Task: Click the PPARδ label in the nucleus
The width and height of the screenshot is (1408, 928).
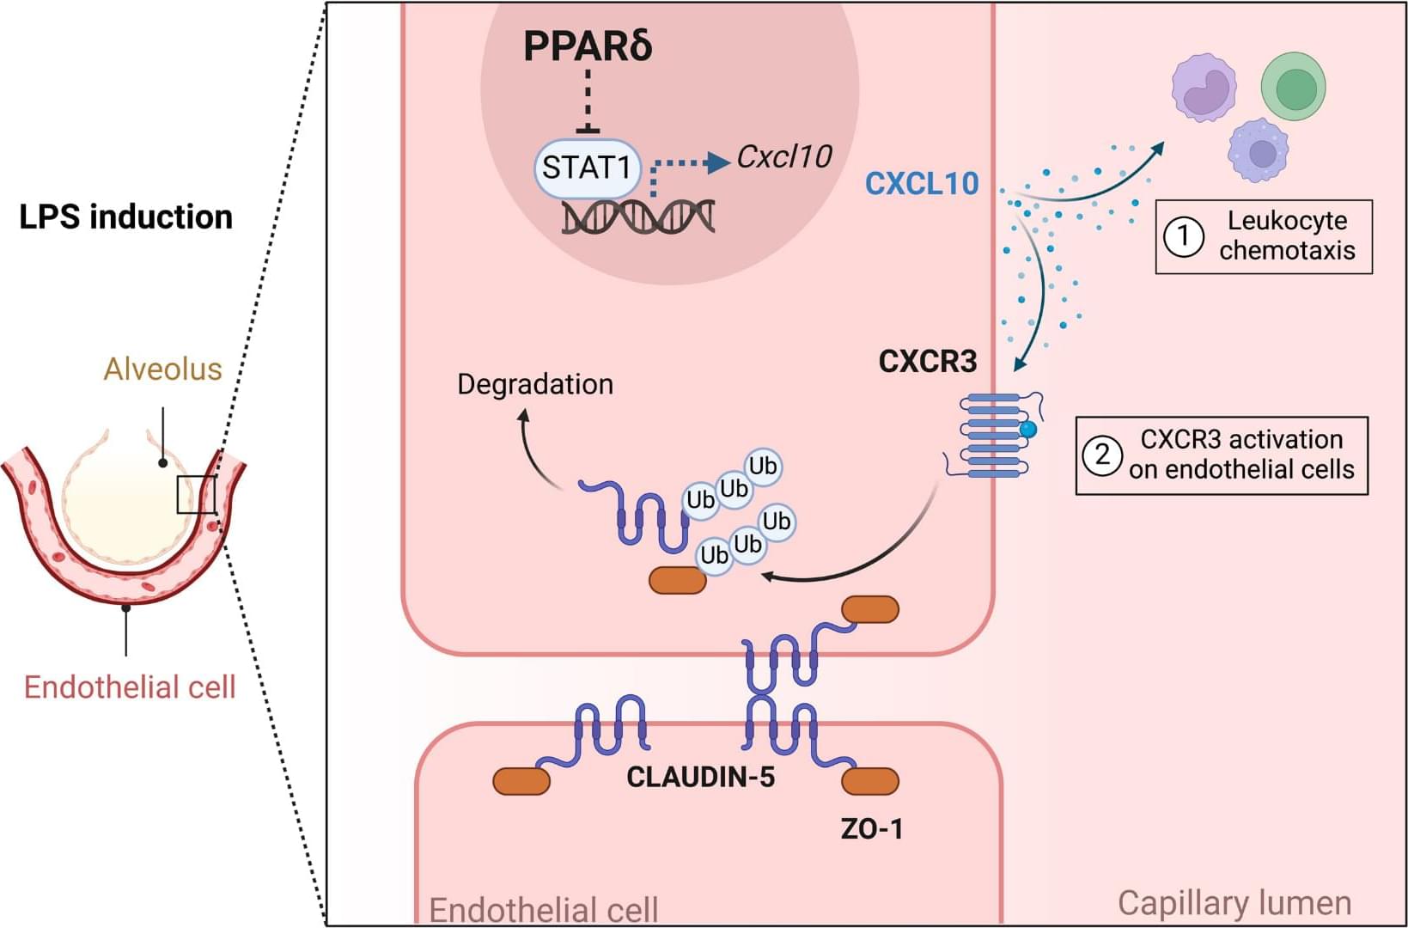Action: coord(588,46)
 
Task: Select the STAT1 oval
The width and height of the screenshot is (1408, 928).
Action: coord(588,168)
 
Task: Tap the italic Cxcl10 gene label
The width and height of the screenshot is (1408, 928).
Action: coord(783,156)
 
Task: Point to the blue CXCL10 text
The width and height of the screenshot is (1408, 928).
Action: coord(922,183)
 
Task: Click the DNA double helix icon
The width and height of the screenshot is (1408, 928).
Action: coord(638,217)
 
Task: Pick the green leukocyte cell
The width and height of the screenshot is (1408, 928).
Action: coord(1293,86)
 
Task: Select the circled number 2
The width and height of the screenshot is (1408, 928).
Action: coord(1102,455)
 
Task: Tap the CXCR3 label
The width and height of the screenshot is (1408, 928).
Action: coord(928,362)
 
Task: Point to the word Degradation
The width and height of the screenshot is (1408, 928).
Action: coord(535,384)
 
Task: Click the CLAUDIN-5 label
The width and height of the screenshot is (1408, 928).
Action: coord(700,778)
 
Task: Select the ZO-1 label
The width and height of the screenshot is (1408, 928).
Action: coord(871,829)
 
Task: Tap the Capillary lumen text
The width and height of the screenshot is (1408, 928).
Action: coord(1234,903)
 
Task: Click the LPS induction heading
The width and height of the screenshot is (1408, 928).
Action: coord(125,217)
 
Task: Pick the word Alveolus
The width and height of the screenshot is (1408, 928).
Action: coord(162,369)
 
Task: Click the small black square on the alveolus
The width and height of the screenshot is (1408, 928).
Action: coord(196,495)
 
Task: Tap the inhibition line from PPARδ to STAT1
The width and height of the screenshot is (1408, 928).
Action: coord(588,101)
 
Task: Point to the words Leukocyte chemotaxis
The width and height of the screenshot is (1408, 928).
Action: coord(1287,235)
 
